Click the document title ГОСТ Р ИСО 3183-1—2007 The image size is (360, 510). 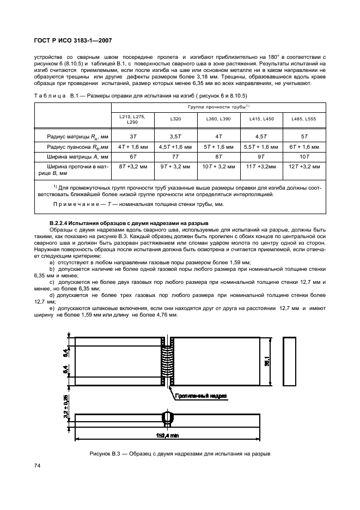coord(75,40)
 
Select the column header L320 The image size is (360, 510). coord(176,119)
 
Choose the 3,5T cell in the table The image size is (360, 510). coord(175,136)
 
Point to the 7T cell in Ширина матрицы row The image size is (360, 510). coord(175,157)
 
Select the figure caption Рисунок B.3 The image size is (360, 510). coord(180,454)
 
